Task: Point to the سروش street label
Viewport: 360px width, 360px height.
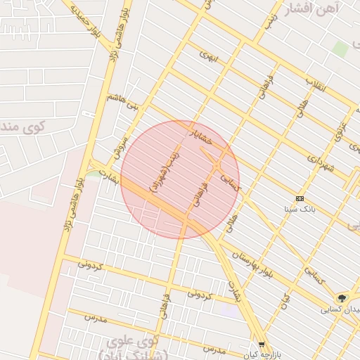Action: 118,146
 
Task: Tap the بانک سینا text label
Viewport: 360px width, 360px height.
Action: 301,209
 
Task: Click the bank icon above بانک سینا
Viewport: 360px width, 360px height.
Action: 300,199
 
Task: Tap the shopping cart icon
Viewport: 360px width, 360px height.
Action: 262,345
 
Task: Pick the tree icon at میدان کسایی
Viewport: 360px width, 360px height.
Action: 342,298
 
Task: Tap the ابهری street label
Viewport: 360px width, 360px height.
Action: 210,54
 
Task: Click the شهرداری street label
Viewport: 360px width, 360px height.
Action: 321,166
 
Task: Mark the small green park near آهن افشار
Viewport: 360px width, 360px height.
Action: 340,49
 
